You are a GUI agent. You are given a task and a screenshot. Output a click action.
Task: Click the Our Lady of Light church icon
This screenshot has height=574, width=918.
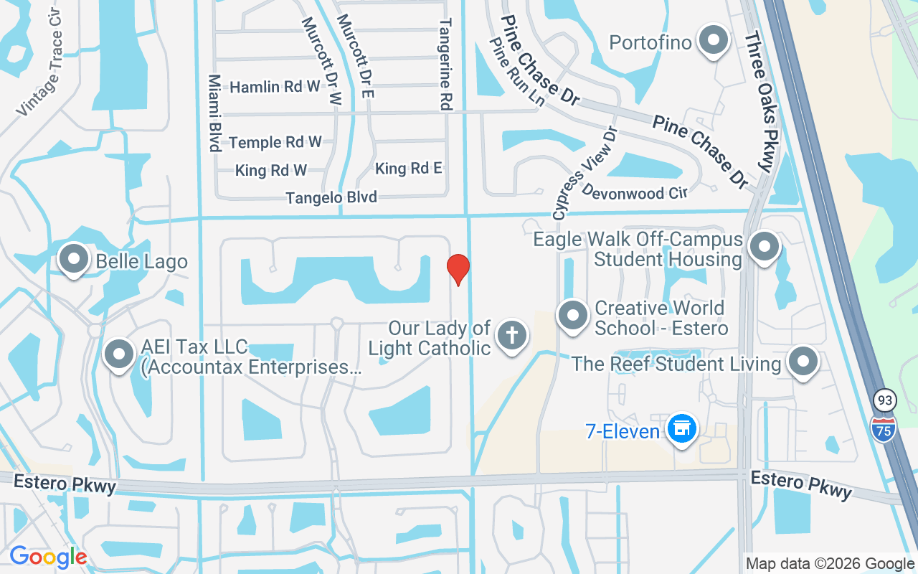[512, 335]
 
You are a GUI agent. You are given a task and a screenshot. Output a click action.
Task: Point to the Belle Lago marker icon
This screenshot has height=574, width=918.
[73, 259]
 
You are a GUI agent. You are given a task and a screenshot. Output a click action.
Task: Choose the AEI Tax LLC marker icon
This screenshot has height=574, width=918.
[118, 354]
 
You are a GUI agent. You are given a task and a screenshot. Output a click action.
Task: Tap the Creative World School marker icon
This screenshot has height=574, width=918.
[573, 316]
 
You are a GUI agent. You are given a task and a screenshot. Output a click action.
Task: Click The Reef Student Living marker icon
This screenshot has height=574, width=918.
[803, 361]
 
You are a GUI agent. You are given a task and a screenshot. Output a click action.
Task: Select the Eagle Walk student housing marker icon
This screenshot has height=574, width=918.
[764, 247]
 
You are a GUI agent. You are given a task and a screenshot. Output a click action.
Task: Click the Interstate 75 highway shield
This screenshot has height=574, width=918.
[884, 428]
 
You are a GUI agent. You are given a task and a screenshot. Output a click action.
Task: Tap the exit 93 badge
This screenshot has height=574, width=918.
[885, 400]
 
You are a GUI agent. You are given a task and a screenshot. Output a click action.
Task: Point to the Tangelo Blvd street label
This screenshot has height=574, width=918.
[331, 197]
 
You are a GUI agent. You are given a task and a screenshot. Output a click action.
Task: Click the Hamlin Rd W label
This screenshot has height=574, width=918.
[275, 87]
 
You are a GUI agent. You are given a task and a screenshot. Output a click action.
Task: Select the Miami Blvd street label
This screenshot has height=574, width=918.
[214, 113]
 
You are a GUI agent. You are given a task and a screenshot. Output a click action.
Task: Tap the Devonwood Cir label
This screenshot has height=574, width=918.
[634, 192]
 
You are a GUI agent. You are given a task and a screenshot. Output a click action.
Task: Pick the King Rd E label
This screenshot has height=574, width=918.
[409, 168]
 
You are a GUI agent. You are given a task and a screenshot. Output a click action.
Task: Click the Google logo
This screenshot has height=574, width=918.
[48, 557]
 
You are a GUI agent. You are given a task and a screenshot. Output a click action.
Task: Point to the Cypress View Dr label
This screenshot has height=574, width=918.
[584, 173]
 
